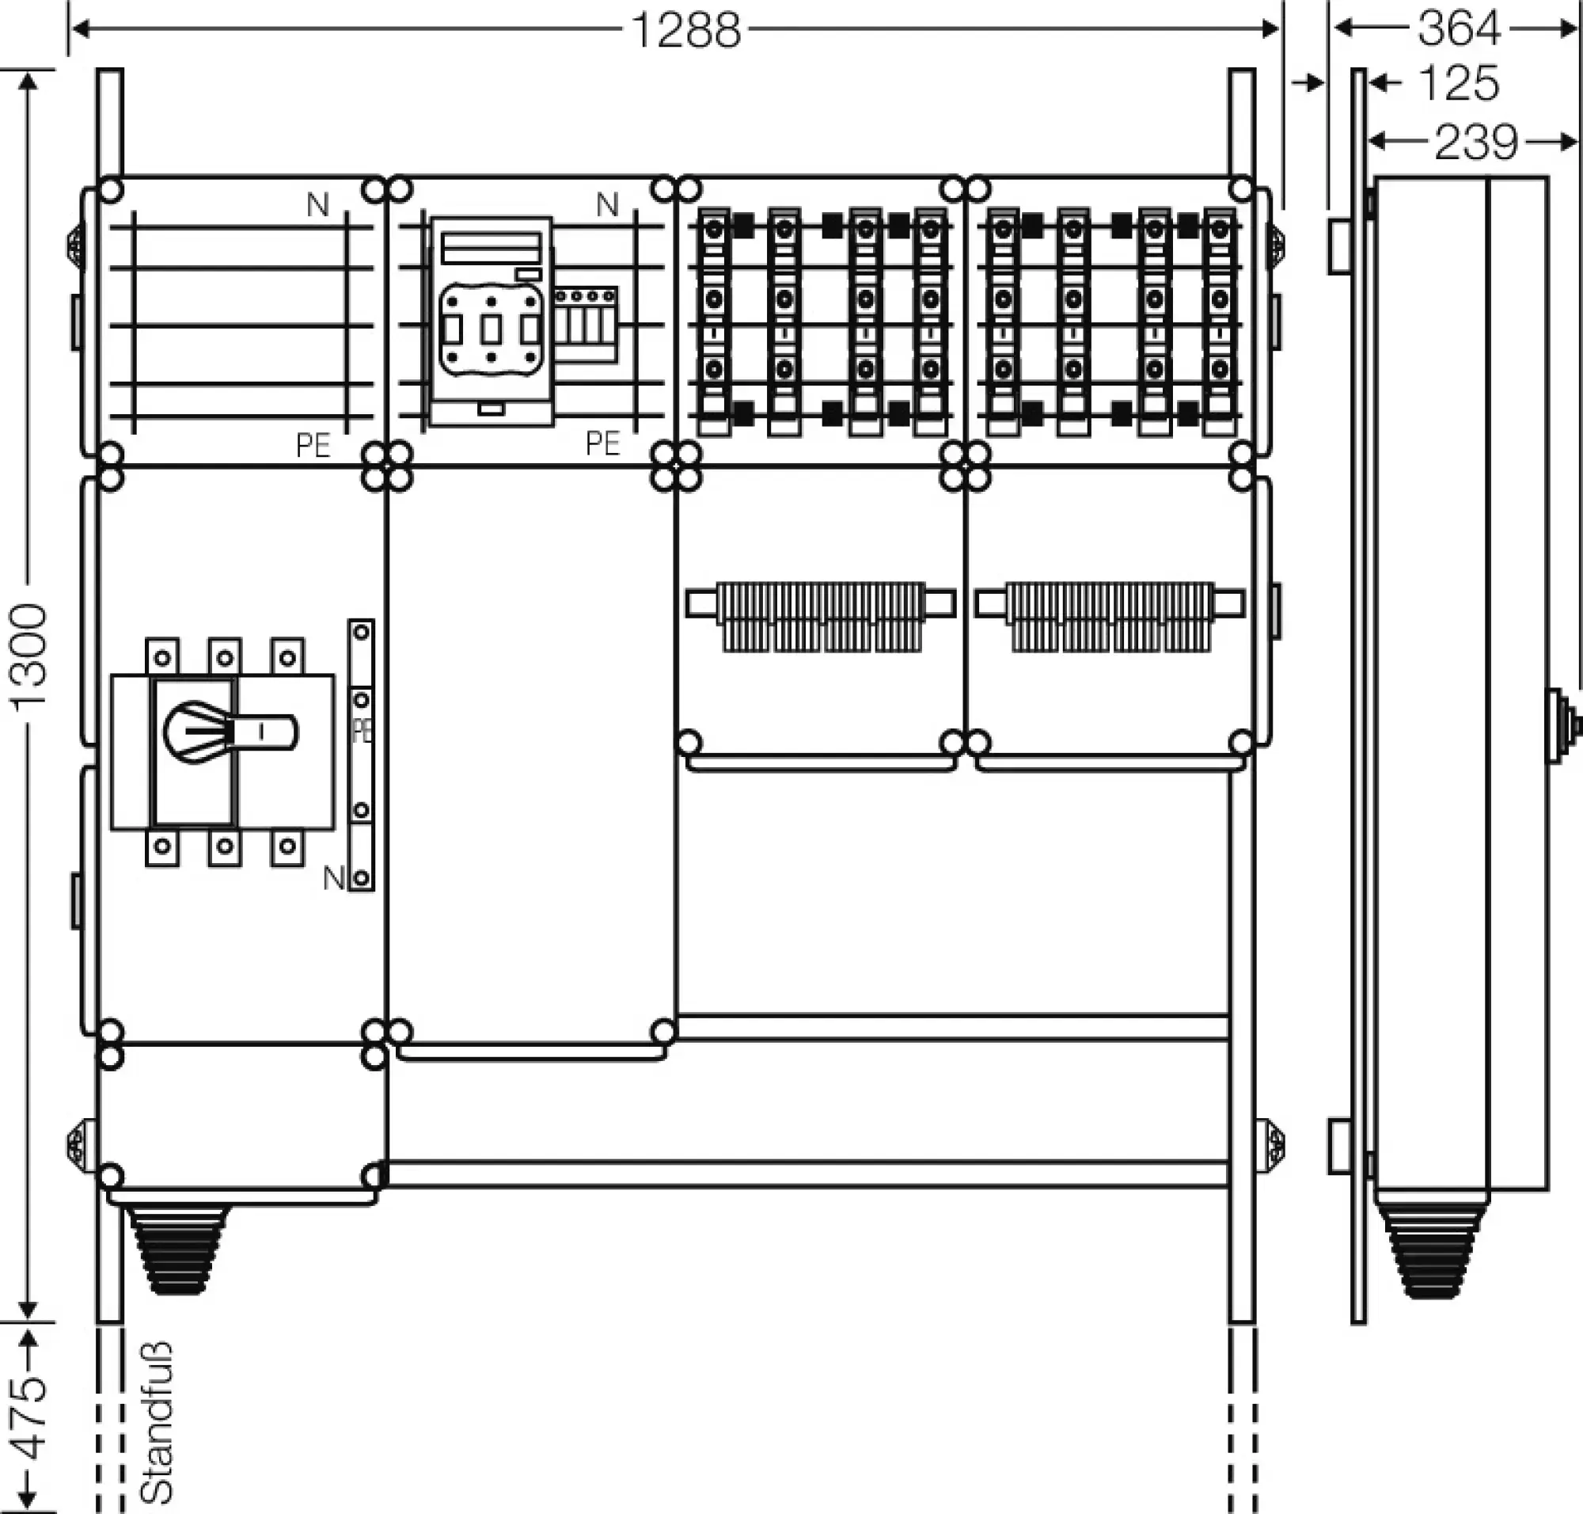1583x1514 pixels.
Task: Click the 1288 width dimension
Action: coord(685,31)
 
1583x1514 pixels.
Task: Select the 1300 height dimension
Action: coord(29,656)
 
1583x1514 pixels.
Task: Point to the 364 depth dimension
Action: coord(1458,29)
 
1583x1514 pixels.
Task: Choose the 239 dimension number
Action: coord(1475,143)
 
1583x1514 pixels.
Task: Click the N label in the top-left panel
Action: coord(318,206)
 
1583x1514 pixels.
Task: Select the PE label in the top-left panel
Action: coord(313,446)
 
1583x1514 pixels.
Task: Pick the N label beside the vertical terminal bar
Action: coord(333,878)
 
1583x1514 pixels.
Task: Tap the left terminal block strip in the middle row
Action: coord(821,616)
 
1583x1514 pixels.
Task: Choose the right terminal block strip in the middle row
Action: coord(1110,616)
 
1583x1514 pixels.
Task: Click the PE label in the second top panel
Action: coord(602,444)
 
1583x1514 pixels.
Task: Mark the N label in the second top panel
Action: coord(608,205)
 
